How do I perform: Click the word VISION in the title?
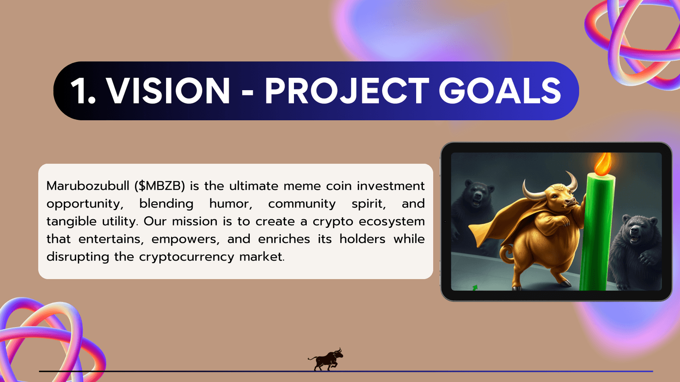[x=168, y=91]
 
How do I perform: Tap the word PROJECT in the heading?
[x=347, y=91]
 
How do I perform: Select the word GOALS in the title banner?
[x=500, y=91]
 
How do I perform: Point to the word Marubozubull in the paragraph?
[x=88, y=186]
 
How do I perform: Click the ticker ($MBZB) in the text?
[x=159, y=186]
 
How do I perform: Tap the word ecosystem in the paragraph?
[x=391, y=221]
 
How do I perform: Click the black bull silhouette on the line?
[x=326, y=359]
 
